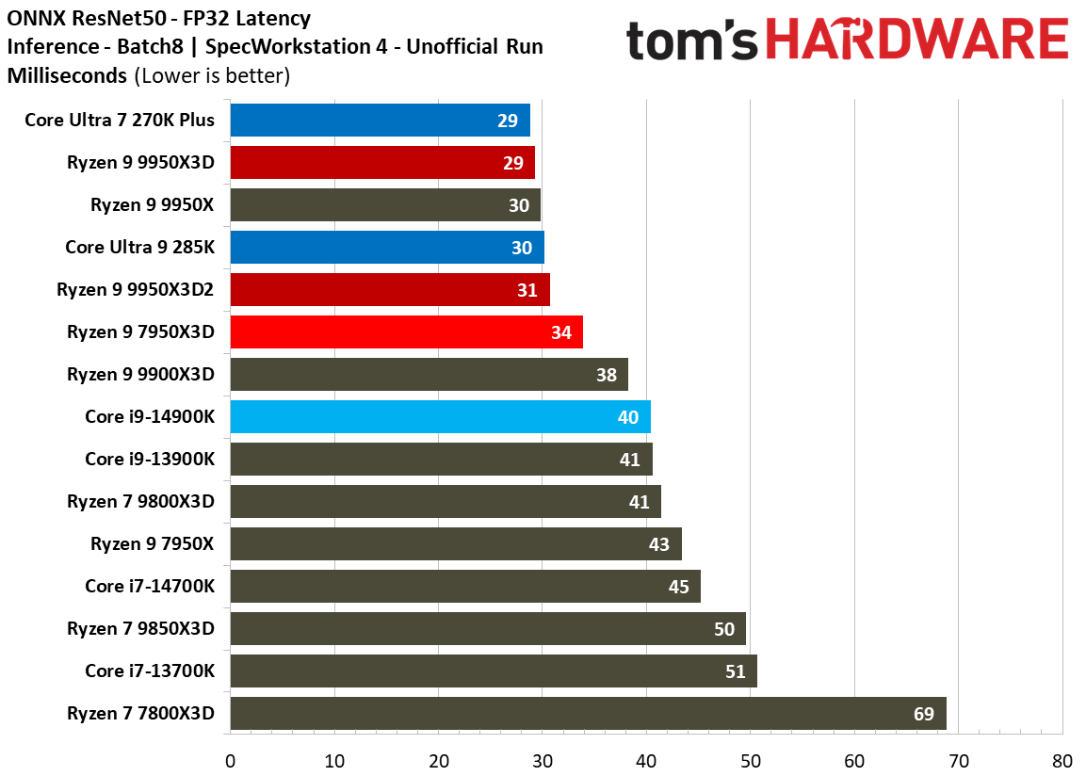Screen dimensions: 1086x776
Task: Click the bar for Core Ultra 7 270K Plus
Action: coord(381,120)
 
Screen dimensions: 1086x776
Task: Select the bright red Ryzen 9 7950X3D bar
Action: coord(407,331)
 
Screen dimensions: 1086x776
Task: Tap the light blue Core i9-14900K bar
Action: coord(441,417)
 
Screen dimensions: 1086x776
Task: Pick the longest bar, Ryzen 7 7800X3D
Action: coord(588,713)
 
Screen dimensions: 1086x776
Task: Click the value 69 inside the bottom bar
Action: coord(924,714)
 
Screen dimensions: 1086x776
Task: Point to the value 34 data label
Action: coord(561,333)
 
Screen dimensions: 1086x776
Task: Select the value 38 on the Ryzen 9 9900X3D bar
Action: coord(606,375)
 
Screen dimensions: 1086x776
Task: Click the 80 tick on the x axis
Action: coord(1062,761)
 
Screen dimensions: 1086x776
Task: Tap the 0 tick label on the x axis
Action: coord(231,761)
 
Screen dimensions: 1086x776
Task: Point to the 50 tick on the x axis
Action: coord(750,761)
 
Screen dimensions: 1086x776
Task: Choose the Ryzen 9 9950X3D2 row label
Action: coord(135,289)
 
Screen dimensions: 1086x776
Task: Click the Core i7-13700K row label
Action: coord(150,671)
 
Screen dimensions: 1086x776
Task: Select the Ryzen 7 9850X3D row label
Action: coord(140,628)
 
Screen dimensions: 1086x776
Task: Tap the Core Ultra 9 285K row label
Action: coord(140,247)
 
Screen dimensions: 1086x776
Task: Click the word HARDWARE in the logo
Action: coord(916,40)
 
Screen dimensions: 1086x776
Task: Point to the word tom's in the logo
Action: coord(692,40)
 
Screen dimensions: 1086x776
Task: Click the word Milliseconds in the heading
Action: coord(67,75)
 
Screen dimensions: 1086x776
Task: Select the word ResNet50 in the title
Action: coord(119,18)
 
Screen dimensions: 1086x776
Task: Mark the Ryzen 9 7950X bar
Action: coord(456,543)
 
